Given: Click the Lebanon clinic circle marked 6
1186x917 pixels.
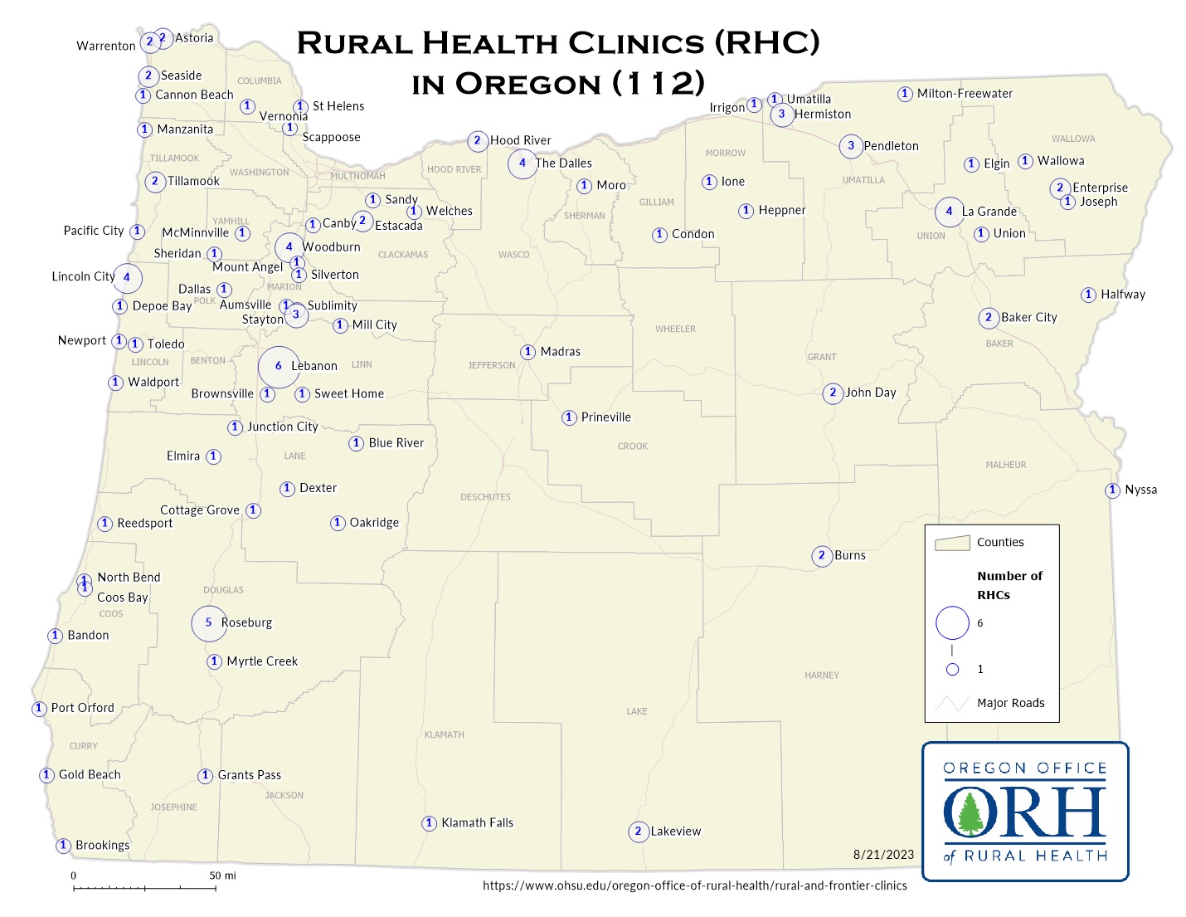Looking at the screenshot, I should [x=279, y=366].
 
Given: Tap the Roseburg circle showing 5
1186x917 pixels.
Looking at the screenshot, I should [x=209, y=622].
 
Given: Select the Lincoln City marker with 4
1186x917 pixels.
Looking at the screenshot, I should [x=127, y=278].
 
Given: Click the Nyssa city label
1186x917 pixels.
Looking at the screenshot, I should [x=1140, y=490].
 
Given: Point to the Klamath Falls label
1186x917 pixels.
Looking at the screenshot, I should [x=477, y=823].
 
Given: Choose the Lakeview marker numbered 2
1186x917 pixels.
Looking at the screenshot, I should [x=638, y=832].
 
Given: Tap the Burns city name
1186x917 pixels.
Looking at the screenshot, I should [x=850, y=556].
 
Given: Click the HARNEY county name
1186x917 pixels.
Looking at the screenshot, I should [x=821, y=676].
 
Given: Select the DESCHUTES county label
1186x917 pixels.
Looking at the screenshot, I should [x=485, y=497].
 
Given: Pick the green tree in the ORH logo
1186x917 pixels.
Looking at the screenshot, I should [x=969, y=811].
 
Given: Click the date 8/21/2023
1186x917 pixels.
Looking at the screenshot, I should [x=883, y=855].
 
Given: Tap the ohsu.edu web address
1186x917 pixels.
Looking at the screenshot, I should [x=694, y=885].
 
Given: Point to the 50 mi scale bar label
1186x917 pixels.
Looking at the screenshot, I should [x=222, y=876].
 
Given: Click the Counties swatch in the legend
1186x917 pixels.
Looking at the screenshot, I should [x=952, y=543].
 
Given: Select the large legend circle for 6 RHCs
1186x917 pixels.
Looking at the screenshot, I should [x=952, y=623].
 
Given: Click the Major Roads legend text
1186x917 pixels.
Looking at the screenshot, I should [x=1010, y=703].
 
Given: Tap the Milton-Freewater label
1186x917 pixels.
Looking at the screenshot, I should [x=965, y=94].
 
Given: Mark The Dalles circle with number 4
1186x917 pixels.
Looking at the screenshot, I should [x=523, y=163].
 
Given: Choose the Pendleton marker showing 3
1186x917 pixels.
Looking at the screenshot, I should [x=851, y=146].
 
